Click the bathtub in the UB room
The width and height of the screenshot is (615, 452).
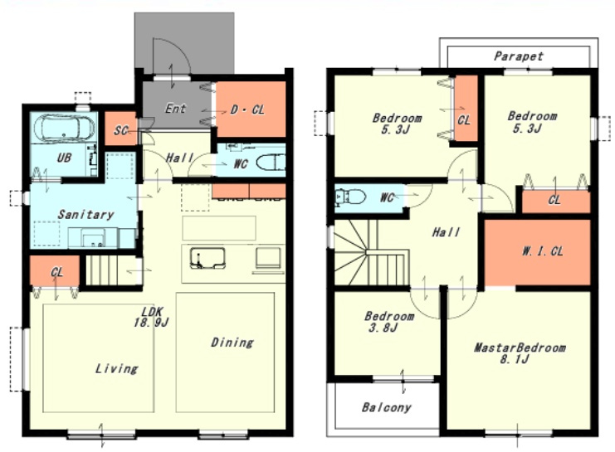point(64,128)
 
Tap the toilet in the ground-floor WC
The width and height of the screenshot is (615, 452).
point(271,163)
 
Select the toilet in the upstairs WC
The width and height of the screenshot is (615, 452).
point(350,197)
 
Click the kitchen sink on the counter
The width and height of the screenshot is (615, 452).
point(207,258)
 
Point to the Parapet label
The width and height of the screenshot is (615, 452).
point(519,56)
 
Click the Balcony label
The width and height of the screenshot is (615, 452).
point(386,407)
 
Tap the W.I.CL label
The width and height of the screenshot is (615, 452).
point(543,251)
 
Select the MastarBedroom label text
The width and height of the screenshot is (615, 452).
point(520,348)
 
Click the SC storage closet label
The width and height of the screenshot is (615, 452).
point(121,130)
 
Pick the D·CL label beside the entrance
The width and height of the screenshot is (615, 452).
point(247,109)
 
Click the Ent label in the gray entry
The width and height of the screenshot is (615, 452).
point(175,108)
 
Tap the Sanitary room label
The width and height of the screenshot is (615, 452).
point(85,214)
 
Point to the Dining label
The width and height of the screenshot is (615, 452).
point(232,343)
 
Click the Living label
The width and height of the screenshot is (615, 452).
point(116,368)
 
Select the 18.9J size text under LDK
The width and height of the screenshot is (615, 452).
point(151,323)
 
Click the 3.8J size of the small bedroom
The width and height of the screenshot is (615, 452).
point(383,328)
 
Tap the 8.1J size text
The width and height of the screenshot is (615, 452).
point(515,359)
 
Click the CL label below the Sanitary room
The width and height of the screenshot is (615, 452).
point(57,272)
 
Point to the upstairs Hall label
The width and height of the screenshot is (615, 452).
point(446,232)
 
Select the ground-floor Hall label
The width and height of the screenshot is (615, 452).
point(179,158)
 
